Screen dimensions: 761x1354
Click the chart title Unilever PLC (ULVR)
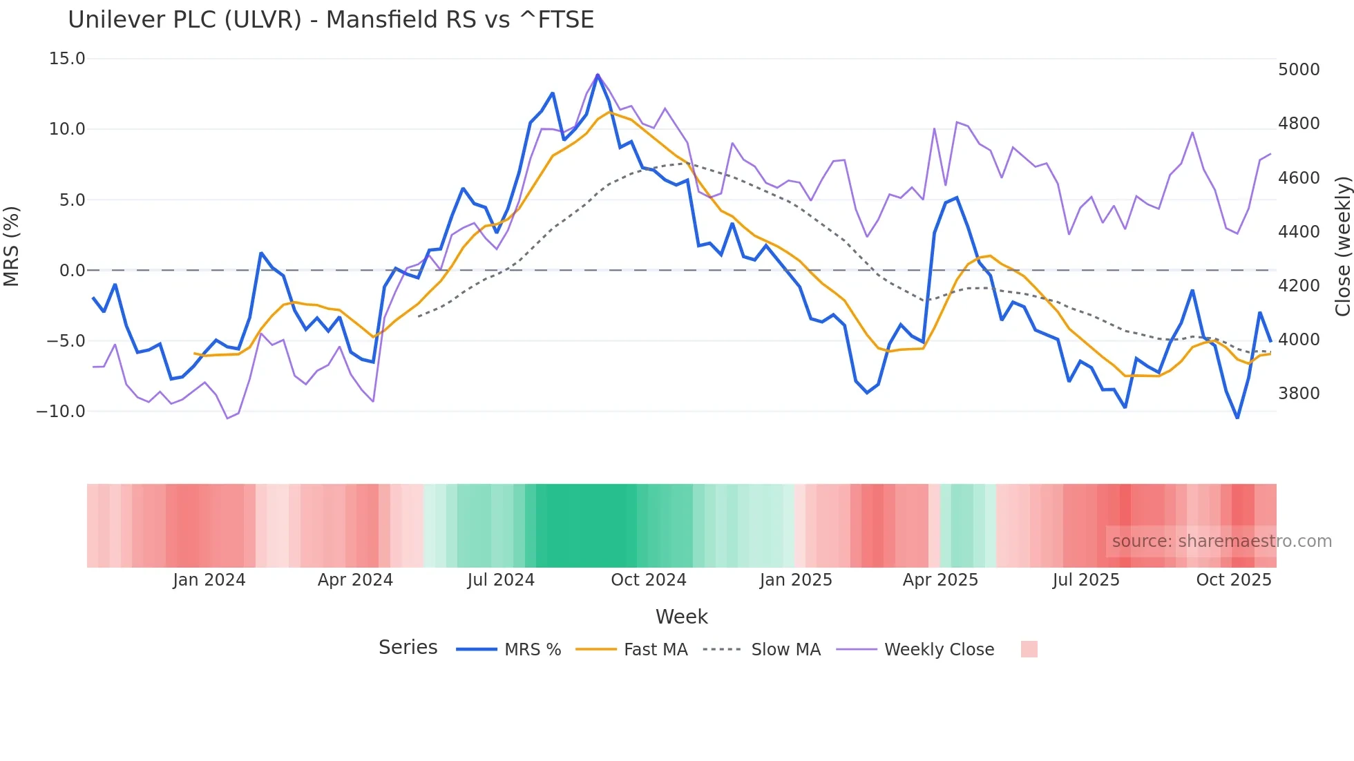point(330,20)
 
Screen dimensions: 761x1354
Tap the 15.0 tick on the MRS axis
point(67,59)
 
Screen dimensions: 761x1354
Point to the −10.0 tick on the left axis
point(61,412)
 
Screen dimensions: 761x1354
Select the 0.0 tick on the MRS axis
point(72,271)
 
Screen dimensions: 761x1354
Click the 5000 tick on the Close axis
point(1299,70)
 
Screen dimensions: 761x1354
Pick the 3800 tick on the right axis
point(1299,394)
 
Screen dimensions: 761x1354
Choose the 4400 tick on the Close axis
point(1299,232)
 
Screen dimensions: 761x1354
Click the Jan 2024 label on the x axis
point(209,580)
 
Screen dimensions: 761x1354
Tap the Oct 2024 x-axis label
point(648,580)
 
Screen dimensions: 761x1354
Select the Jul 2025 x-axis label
point(1085,580)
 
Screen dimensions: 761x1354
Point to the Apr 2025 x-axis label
point(940,580)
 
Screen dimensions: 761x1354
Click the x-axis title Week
point(681,617)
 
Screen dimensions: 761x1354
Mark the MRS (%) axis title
point(12,246)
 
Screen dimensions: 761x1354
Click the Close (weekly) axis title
point(1342,247)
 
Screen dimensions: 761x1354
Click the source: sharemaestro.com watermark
point(1221,541)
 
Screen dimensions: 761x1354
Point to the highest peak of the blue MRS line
point(598,75)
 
